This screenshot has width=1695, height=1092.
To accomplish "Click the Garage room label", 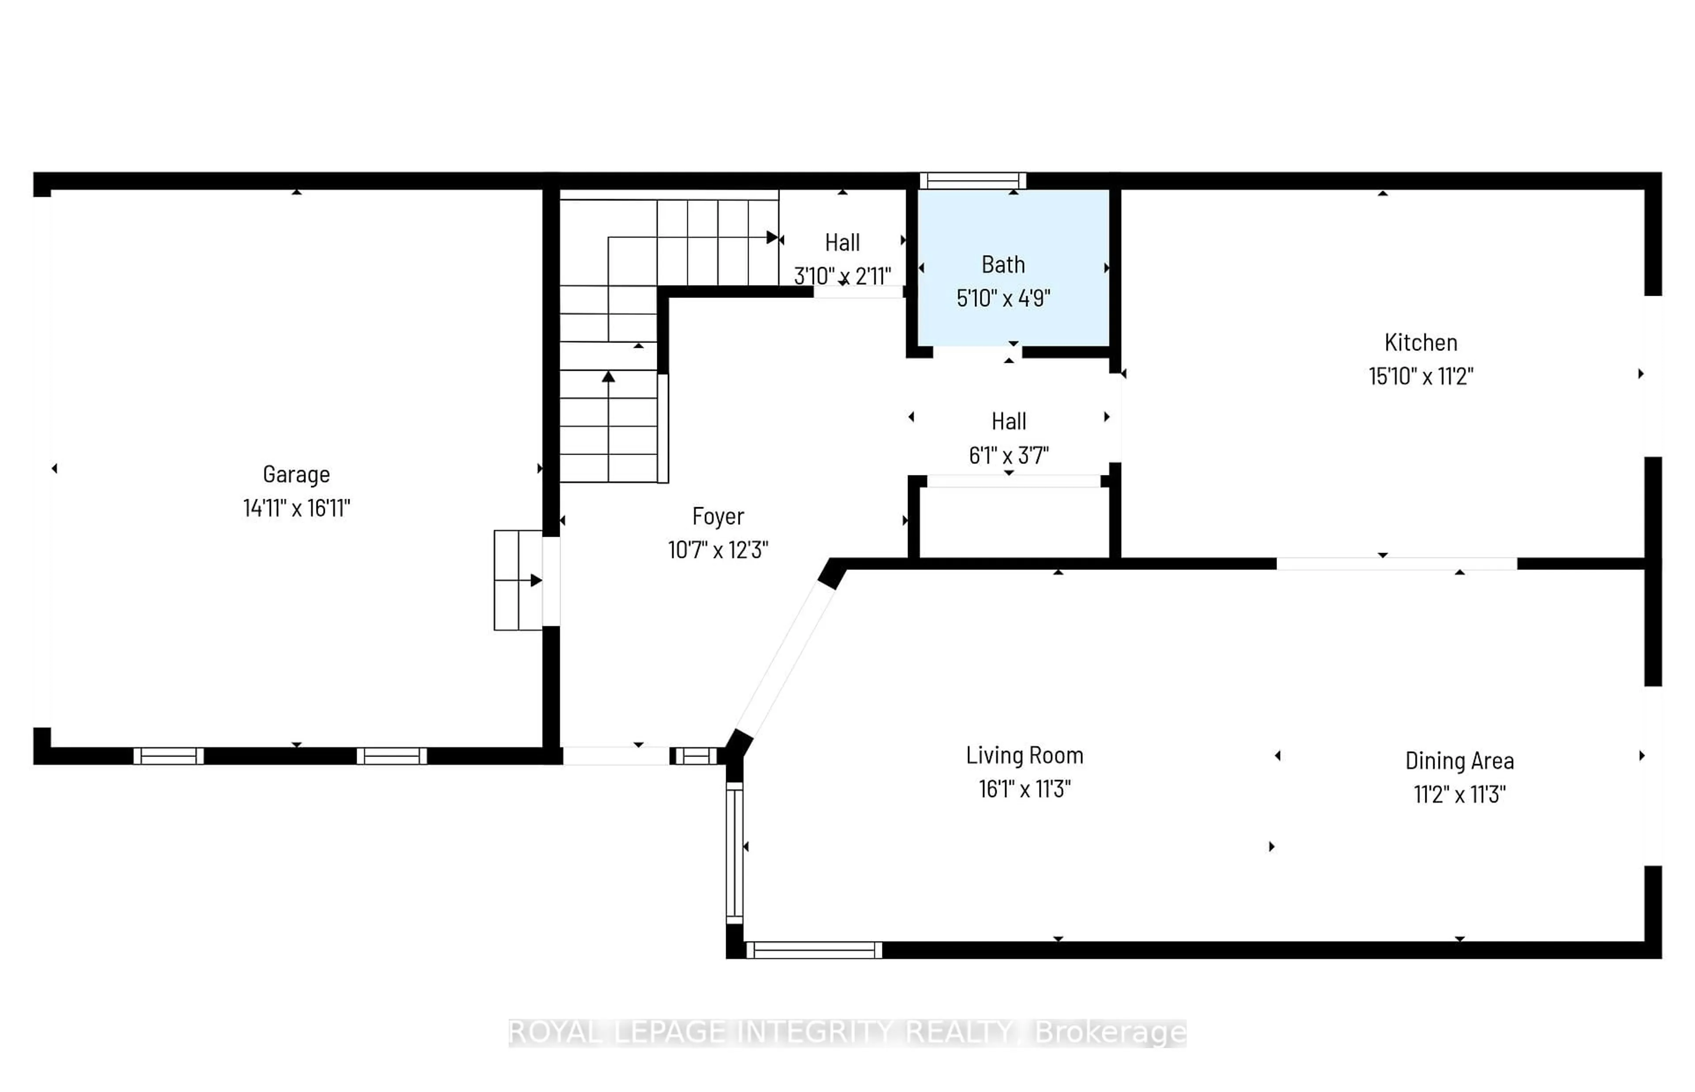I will click(296, 474).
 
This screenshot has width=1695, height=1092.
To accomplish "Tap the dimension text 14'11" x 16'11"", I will click(296, 508).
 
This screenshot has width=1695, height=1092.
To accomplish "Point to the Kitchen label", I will click(1420, 343).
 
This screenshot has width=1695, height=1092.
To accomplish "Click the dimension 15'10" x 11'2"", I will click(1420, 376).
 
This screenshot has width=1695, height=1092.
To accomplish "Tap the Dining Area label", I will click(1459, 761).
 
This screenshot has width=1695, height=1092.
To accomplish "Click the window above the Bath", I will click(972, 181).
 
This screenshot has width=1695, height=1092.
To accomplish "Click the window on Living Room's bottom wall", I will click(814, 950).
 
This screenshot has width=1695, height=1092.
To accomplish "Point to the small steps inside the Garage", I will click(518, 580).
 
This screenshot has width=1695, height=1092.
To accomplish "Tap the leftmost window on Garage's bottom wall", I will click(169, 756).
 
